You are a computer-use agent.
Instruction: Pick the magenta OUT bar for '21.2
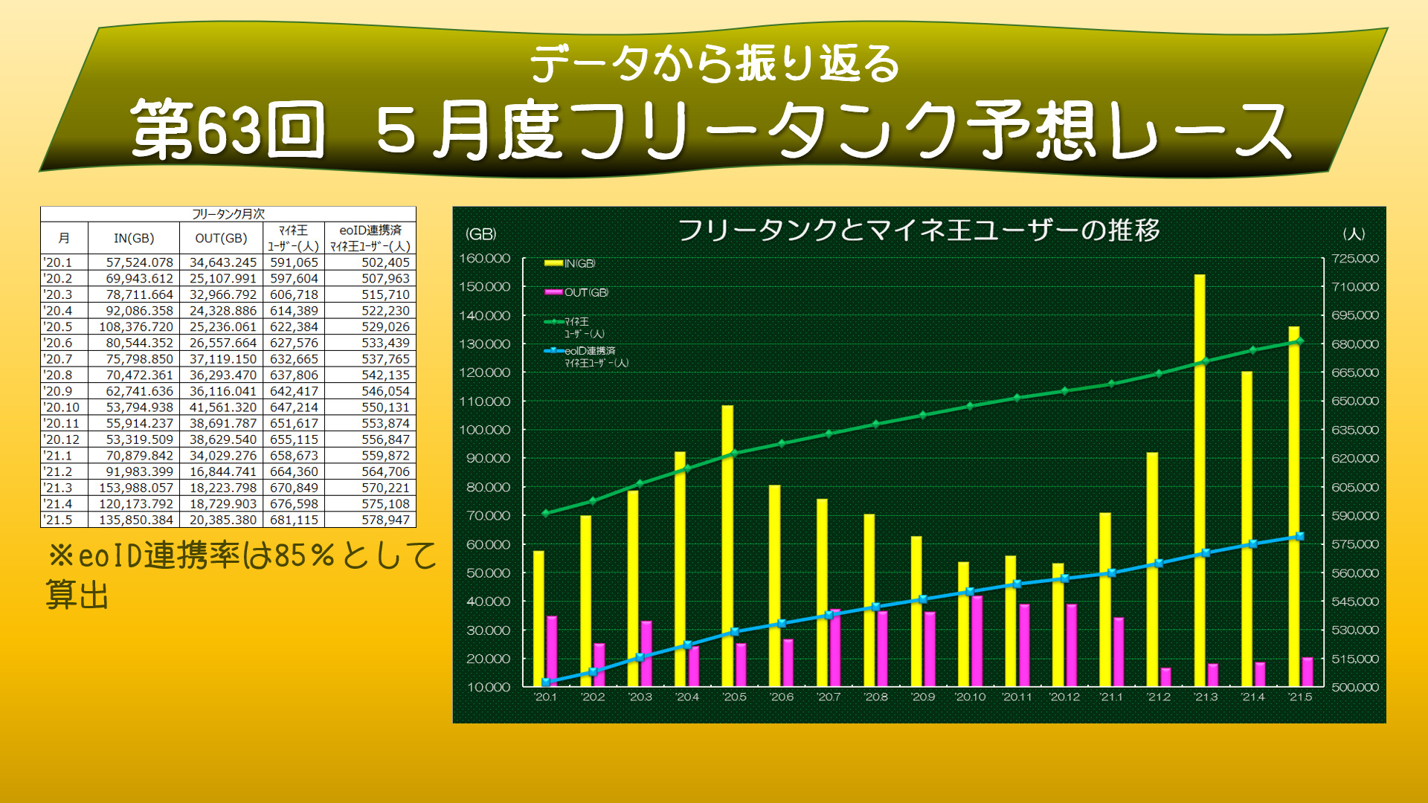coord(1165,677)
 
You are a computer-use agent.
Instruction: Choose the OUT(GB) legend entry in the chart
coord(577,293)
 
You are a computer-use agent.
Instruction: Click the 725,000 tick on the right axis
coord(1355,259)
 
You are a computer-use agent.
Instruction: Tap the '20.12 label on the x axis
coord(1064,697)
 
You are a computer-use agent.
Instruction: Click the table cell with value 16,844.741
coord(222,471)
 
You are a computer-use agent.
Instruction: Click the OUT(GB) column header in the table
coord(221,238)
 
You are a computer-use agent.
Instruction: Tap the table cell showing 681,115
coord(294,520)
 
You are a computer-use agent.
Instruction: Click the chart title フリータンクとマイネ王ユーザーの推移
coord(919,230)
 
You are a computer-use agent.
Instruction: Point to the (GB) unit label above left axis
coord(480,234)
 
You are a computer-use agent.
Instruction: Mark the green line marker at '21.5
coord(1299,341)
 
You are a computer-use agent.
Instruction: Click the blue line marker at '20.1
coord(546,682)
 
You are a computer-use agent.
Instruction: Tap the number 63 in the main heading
coord(229,132)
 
